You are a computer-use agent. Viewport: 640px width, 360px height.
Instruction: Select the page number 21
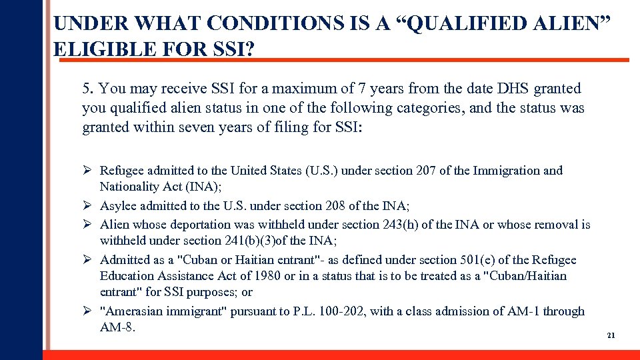pos(611,335)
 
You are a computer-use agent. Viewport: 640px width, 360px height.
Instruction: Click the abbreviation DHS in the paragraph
pos(493,89)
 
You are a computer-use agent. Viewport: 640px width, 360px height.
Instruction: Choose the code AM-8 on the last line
pos(116,327)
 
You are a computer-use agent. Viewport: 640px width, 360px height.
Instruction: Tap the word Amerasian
pos(133,311)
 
